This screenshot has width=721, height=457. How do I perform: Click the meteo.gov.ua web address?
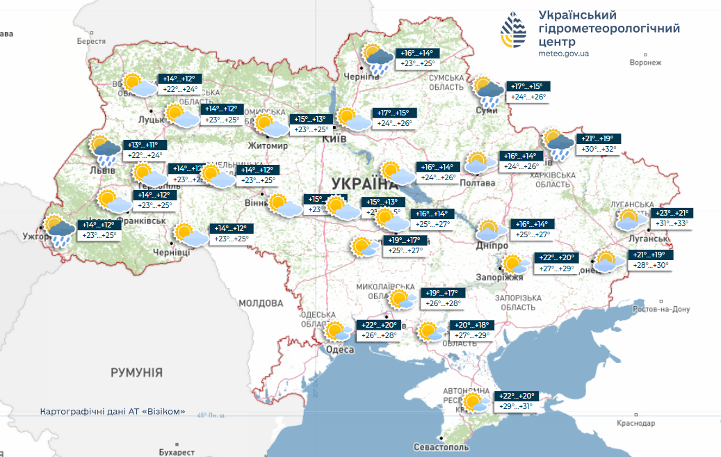(x=563, y=53)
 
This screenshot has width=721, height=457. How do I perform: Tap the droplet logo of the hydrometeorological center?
(x=514, y=31)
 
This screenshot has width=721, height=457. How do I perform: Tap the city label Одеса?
(x=340, y=349)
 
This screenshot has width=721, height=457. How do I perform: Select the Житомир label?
(x=268, y=146)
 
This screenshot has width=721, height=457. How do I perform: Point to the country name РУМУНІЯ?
(x=136, y=373)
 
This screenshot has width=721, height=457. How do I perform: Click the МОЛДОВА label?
(x=261, y=303)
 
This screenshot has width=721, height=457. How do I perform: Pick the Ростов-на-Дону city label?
(x=661, y=309)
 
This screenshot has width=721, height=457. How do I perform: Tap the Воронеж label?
(x=645, y=63)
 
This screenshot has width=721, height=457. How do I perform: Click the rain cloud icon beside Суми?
(x=489, y=91)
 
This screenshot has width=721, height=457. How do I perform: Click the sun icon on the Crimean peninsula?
(x=475, y=402)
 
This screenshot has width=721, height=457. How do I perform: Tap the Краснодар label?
(x=635, y=422)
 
